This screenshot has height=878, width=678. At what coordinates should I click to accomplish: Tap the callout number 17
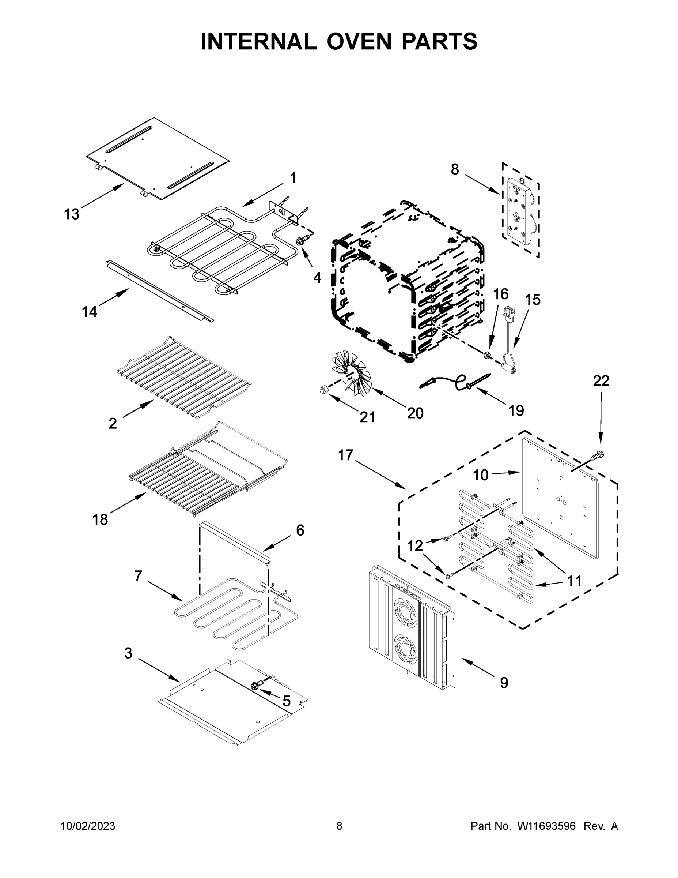(345, 455)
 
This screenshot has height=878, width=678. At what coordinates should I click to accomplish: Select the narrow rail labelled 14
(160, 290)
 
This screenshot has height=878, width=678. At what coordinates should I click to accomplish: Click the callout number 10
(480, 475)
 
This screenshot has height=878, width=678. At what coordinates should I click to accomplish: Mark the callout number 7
(138, 576)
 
